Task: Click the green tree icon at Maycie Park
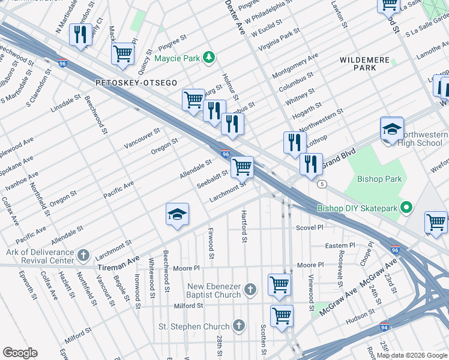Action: (x=208, y=58)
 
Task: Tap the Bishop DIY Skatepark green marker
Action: (x=406, y=208)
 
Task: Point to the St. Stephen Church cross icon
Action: (x=238, y=326)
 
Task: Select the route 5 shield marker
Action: (x=323, y=184)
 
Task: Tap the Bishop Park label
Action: (x=379, y=179)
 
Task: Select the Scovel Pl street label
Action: (x=310, y=228)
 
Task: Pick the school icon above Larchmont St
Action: (x=178, y=215)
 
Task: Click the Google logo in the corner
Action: (x=20, y=353)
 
